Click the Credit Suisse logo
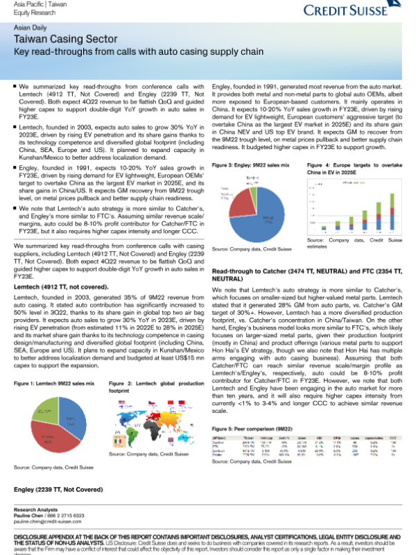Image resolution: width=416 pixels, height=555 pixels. (x=354, y=10)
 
